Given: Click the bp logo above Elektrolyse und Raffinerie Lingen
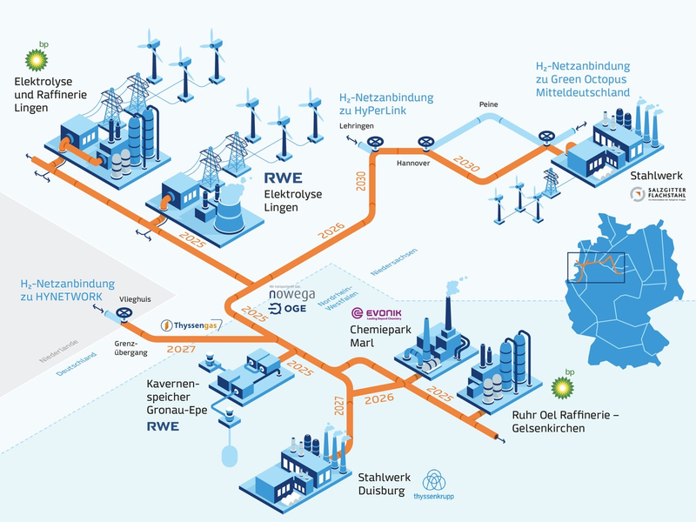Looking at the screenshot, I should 36,59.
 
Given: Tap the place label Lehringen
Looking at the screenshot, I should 356,126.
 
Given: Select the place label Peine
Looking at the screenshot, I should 487,105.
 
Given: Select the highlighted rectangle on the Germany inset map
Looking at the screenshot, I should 596,267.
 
